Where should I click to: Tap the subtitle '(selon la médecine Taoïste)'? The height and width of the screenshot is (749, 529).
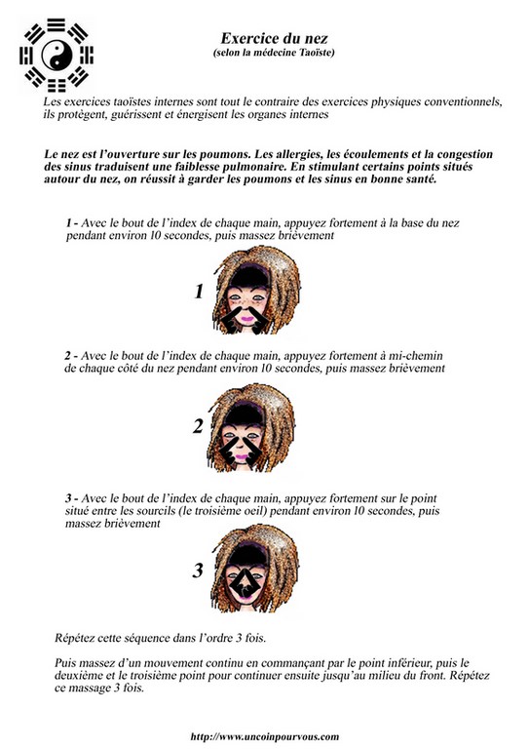[x=274, y=52]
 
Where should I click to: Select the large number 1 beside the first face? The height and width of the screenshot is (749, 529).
[x=199, y=292]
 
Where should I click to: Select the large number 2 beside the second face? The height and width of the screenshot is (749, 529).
[x=198, y=425]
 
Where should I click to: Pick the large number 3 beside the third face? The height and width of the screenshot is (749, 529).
[x=198, y=571]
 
